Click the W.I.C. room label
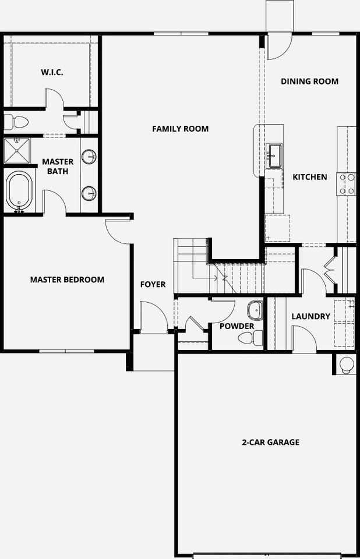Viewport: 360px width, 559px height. click(52, 72)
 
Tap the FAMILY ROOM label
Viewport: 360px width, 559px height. click(180, 129)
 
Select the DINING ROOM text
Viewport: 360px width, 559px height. click(309, 82)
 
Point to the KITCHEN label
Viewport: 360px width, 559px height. click(309, 177)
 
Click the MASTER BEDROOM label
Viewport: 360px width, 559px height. click(67, 279)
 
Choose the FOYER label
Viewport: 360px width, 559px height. click(153, 285)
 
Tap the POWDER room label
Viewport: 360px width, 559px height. click(237, 326)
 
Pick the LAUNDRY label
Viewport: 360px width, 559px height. click(310, 317)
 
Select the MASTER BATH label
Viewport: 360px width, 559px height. click(58, 167)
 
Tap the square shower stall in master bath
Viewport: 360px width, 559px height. click(19, 151)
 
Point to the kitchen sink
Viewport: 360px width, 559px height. click(274, 155)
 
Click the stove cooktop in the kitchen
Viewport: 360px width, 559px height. click(347, 184)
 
